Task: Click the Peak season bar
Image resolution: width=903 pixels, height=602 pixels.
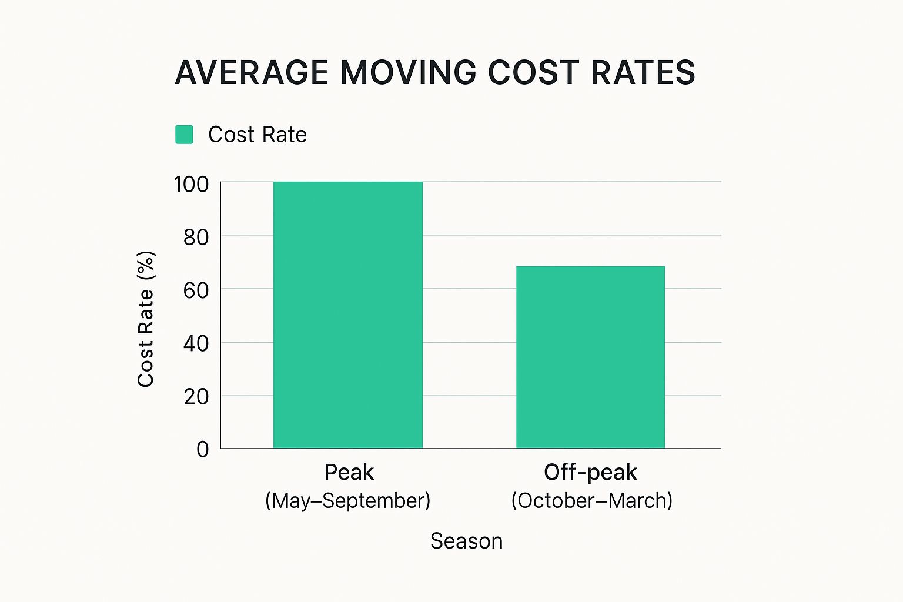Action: click(x=347, y=315)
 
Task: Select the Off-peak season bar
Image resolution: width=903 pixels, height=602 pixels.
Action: click(x=590, y=357)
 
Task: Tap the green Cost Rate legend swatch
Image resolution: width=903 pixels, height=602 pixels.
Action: click(x=185, y=135)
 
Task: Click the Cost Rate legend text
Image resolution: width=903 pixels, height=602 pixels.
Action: click(x=257, y=135)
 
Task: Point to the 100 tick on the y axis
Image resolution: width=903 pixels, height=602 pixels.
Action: click(x=192, y=185)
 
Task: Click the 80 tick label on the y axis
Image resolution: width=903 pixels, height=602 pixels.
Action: click(x=196, y=238)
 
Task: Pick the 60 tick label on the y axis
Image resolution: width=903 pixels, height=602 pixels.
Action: click(x=196, y=290)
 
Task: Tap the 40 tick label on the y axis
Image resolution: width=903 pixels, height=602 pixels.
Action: click(x=196, y=343)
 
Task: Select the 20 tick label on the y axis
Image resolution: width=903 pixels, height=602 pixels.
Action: click(x=196, y=397)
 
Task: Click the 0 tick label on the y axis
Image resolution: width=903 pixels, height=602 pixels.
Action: click(x=203, y=450)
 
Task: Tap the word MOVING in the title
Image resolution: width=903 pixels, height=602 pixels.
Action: click(x=408, y=73)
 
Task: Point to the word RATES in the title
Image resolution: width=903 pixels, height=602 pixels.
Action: click(x=643, y=73)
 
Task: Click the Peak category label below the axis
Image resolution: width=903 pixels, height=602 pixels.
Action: click(x=349, y=472)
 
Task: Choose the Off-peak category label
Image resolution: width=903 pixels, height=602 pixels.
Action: click(x=590, y=472)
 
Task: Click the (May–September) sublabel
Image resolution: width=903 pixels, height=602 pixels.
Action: click(x=348, y=501)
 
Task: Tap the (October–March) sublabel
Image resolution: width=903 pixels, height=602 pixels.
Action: click(x=591, y=501)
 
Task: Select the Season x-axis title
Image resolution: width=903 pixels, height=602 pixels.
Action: click(x=466, y=541)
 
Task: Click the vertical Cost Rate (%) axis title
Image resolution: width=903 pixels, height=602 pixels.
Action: click(x=146, y=319)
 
